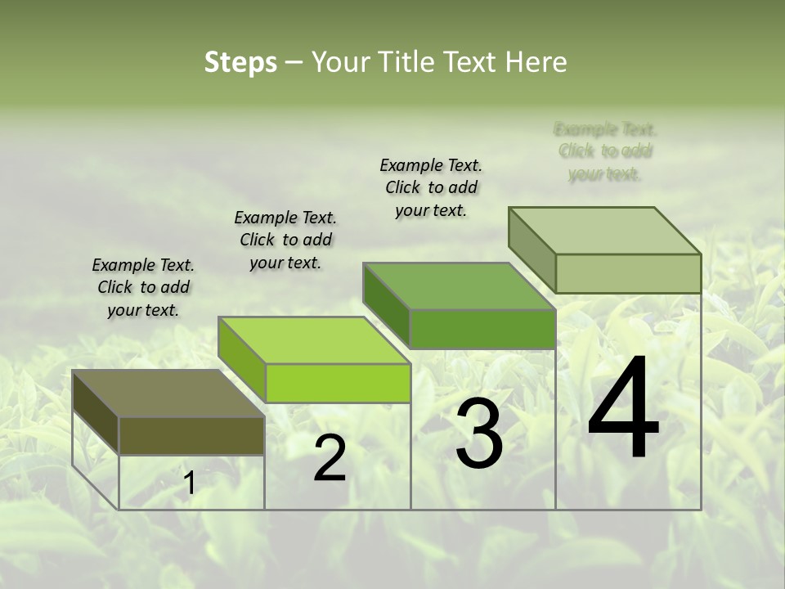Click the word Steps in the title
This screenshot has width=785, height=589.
240,62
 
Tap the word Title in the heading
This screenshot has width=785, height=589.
409,62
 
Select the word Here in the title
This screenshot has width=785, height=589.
536,62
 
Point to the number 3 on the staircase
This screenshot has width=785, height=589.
479,434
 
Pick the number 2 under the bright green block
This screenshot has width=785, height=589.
330,459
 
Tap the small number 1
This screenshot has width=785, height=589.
190,483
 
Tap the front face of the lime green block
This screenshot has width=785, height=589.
338,383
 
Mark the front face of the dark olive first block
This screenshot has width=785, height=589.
191,435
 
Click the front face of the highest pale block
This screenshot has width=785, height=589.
628,273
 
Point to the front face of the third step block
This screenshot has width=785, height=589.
482,329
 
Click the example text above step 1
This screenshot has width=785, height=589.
143,287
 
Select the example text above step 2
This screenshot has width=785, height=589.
285,240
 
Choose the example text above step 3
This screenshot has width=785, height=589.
431,187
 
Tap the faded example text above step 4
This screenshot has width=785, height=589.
605,151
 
